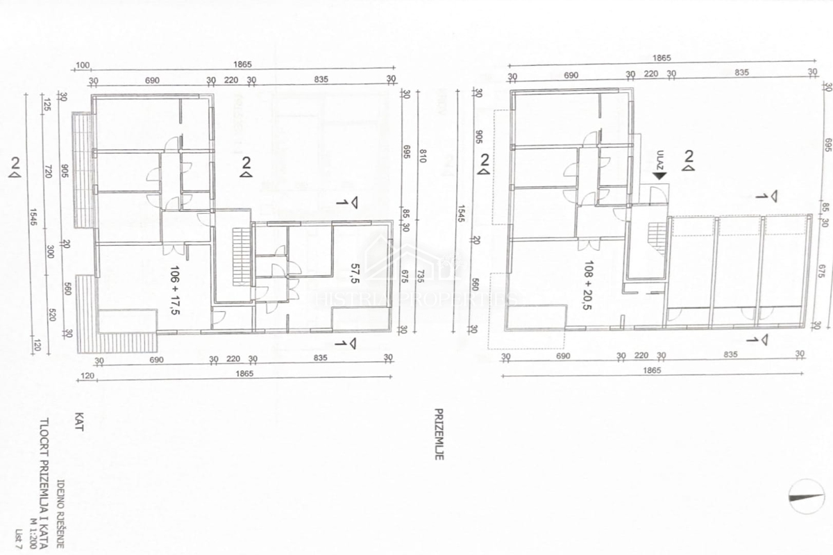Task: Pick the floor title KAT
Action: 78,422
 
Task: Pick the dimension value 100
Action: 83,65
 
